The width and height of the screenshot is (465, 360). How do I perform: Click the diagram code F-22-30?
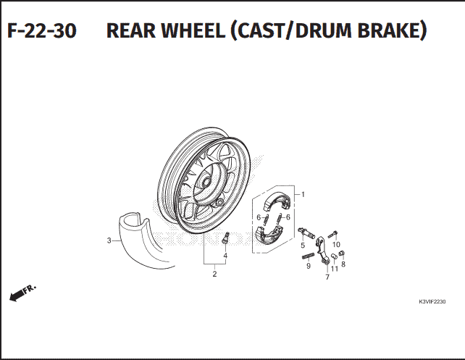(42, 30)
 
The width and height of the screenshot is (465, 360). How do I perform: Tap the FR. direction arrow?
(22, 293)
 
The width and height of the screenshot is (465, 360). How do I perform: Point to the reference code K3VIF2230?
(432, 302)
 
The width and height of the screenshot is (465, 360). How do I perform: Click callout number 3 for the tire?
(109, 240)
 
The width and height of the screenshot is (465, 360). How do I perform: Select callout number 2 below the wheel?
(214, 274)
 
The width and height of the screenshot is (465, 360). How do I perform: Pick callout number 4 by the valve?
(225, 256)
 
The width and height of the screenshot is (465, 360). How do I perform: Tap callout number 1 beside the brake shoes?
(303, 195)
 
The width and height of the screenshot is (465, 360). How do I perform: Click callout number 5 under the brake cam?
(303, 246)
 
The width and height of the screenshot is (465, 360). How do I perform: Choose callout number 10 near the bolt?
(336, 244)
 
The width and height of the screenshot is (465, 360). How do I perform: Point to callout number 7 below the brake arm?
(327, 277)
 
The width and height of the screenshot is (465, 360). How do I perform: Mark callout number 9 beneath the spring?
(309, 266)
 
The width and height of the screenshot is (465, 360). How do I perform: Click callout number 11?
(335, 269)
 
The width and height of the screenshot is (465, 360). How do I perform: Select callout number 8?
(343, 264)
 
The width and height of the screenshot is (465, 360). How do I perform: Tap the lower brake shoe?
(269, 234)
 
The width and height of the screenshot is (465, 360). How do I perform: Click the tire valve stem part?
(226, 238)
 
